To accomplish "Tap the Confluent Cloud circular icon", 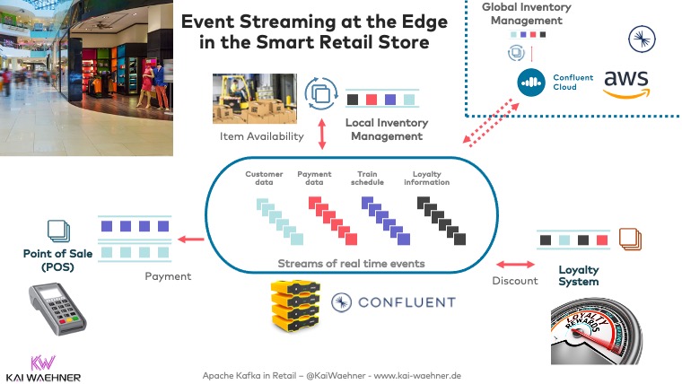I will tap(532, 83).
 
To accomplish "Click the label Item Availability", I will tap(261, 136).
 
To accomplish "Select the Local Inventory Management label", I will tap(387, 129).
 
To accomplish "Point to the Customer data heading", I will tap(264, 179).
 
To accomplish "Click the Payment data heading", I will tap(314, 179).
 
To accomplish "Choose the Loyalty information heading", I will tap(425, 179).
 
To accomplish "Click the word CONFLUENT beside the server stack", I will tap(406, 302).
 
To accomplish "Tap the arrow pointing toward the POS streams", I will tap(188, 240).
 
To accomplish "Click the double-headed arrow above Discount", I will tap(512, 263).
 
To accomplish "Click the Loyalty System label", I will tap(578, 275).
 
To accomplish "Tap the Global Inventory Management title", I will tap(526, 13).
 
